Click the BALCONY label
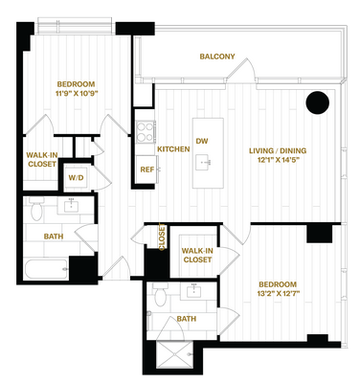point(217,56)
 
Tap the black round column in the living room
point(317,102)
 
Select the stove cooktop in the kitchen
point(146,132)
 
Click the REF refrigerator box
point(146,169)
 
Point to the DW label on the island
point(202,141)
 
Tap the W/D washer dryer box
point(76,178)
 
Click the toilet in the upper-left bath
point(36,209)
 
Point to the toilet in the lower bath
point(160,295)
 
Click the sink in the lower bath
point(193,291)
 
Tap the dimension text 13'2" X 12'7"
point(278,293)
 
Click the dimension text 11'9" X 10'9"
point(77,94)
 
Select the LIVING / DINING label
point(278,150)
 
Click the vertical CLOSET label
point(162,237)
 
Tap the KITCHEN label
point(173,149)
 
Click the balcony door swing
point(241,71)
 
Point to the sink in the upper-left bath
point(71,206)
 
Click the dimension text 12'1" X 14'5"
point(277,160)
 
